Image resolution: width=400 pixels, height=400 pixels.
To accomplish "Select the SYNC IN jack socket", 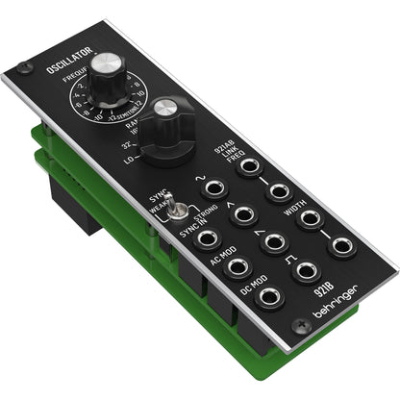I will (x=205, y=235).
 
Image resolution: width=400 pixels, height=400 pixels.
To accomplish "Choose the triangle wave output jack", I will (x=242, y=212).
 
